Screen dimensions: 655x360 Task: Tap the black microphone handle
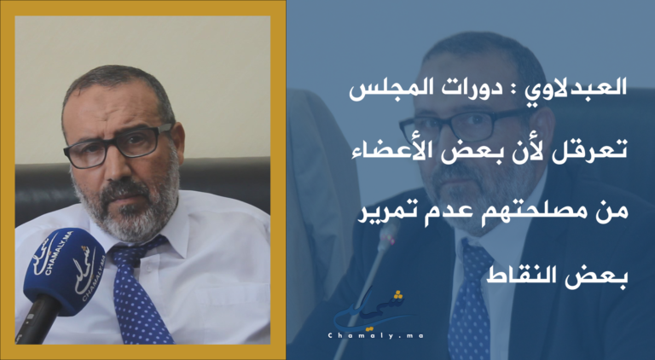[x=35, y=319]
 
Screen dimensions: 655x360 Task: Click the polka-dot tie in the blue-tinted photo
[x=470, y=300]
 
